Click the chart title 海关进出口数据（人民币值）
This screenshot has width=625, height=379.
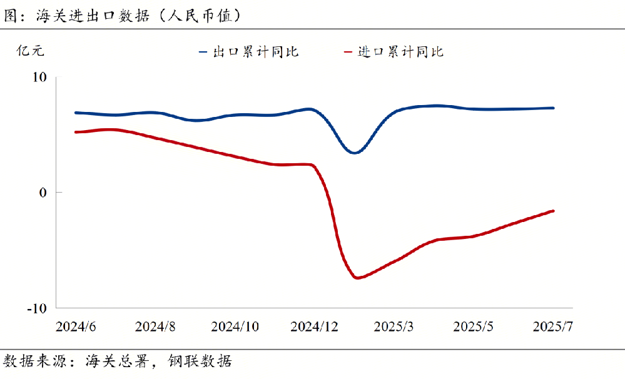pos(123,16)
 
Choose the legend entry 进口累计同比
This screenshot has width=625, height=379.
pos(400,52)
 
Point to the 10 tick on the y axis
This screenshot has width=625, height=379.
pos(39,77)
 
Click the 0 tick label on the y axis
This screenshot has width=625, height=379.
pos(43,193)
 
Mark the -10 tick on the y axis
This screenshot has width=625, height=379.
pos(37,308)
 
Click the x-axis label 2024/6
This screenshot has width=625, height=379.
pos(76,326)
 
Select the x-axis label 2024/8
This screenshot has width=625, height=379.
pos(155,326)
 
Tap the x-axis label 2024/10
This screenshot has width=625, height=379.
pos(235,326)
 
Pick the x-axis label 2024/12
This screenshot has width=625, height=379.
pos(315,326)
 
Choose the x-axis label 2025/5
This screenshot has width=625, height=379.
pos(474,326)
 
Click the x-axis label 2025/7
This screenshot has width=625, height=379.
pos(553,326)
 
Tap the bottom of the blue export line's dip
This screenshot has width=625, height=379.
pos(355,153)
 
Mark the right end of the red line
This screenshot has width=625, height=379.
pos(553,211)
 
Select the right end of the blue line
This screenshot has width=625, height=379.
pos(553,108)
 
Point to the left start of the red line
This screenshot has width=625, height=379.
pos(76,132)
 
